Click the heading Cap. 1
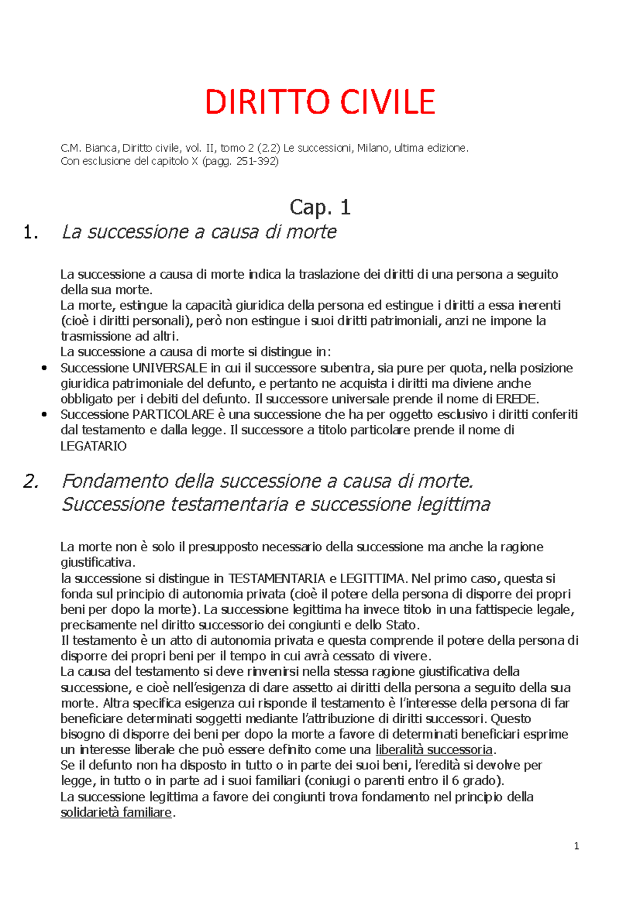pos(320,207)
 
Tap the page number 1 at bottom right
pos(577,846)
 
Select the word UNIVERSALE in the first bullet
pos(170,368)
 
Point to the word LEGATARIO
pos(93,446)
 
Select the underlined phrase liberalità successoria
pos(434,750)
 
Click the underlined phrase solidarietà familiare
pos(116,812)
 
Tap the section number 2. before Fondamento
pos(31,481)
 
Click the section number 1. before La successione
pos(31,232)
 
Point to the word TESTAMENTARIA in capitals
pos(276,579)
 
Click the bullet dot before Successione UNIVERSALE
pos(44,368)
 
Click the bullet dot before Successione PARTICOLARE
pos(44,415)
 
